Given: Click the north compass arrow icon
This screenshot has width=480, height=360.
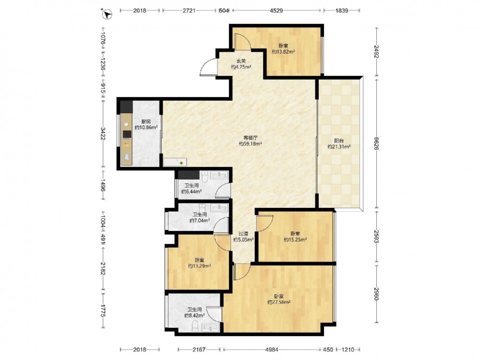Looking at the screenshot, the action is pyautogui.click(x=107, y=14).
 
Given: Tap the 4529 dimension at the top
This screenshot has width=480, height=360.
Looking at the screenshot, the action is pyautogui.click(x=276, y=11).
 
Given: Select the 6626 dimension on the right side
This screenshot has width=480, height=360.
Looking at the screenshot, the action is pyautogui.click(x=377, y=143).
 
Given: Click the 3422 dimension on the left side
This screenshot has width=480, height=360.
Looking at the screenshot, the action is pyautogui.click(x=103, y=134).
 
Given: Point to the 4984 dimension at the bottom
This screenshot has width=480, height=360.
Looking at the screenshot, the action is pyautogui.click(x=272, y=349).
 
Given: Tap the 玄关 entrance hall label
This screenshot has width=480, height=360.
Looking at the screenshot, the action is pyautogui.click(x=241, y=61).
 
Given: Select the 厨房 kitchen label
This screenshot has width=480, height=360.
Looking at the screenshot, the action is pyautogui.click(x=146, y=122).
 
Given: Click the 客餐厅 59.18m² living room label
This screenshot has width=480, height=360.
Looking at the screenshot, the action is pyautogui.click(x=250, y=141).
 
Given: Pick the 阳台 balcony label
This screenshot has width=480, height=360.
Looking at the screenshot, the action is pyautogui.click(x=339, y=141).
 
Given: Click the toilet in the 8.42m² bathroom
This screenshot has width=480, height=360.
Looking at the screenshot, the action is pyautogui.click(x=195, y=326).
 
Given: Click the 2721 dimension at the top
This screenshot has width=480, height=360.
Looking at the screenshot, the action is pyautogui.click(x=189, y=11).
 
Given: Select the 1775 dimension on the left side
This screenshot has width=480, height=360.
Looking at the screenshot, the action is pyautogui.click(x=103, y=311).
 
